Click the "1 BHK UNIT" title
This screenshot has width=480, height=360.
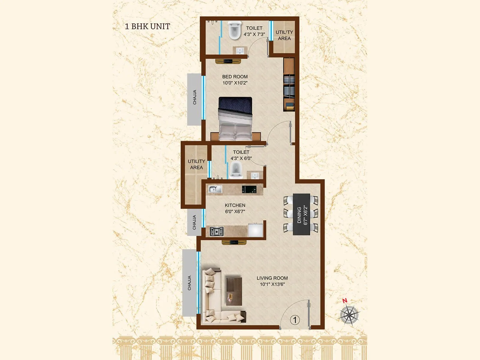[147, 26]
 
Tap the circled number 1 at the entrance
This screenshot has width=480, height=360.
[295, 320]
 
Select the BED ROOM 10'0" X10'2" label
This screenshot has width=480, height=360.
[235, 80]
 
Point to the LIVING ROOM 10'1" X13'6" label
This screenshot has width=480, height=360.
[272, 281]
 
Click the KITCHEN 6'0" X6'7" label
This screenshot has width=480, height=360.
[235, 208]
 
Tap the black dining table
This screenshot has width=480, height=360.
[301, 214]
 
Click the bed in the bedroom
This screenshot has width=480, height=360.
[235, 118]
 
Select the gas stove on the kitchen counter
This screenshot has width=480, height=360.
[217, 231]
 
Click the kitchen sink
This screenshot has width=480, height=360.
[215, 189]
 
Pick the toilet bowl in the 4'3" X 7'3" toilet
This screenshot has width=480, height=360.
[233, 31]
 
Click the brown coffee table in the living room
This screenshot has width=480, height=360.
[234, 290]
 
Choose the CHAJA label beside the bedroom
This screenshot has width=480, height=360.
[195, 97]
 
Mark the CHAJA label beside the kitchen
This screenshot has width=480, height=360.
[194, 222]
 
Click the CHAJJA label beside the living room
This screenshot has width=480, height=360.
[189, 283]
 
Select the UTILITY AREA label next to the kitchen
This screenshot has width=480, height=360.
[196, 164]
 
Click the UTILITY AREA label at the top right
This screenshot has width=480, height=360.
[284, 35]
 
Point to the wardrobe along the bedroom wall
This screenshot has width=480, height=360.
[289, 85]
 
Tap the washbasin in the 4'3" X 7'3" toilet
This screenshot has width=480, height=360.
[239, 50]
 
